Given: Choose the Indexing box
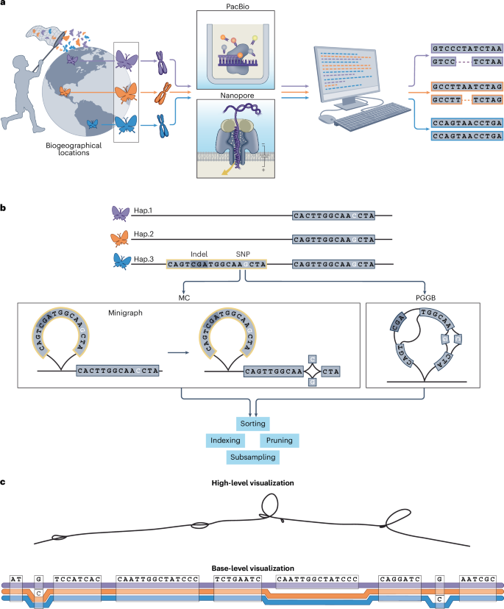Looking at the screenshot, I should click(225, 441).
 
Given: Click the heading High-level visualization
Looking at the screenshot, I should click(252, 482).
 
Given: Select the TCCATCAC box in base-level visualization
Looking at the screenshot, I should click(77, 579).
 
